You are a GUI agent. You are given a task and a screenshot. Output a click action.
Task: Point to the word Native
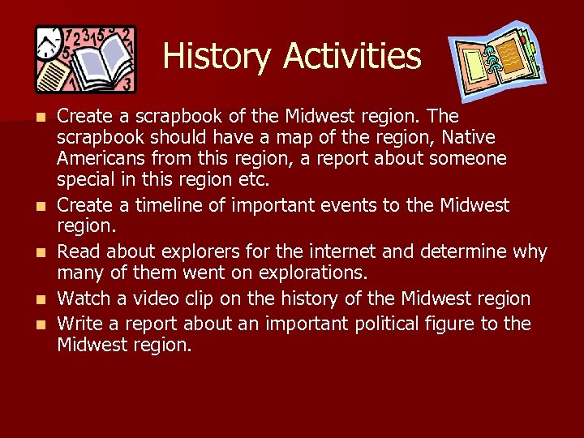468,138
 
